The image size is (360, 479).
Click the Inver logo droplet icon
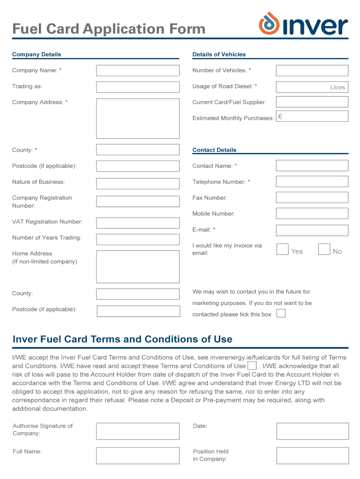coord(269,23)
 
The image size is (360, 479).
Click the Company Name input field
coord(137,71)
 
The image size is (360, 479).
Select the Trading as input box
coord(137,87)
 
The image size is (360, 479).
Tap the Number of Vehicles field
coord(312,71)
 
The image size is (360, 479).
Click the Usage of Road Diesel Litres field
coord(312,87)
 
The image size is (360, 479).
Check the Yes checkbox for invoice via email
coord(282,249)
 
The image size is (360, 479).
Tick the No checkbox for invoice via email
coord(324,249)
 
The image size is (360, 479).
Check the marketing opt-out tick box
coord(281,313)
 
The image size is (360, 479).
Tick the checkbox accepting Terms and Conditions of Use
coord(252,366)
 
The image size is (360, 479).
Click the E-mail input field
coord(312,230)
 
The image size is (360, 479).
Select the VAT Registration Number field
coord(137,223)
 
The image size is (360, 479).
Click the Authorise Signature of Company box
coord(137,431)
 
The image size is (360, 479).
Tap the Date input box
coord(312,431)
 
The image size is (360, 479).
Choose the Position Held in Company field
coord(312,455)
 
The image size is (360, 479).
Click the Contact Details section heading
coord(214,150)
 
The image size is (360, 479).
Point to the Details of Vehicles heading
coord(219,54)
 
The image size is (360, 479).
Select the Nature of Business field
coord(137,182)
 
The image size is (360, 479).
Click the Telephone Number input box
coord(312,181)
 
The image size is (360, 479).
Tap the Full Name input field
coord(137,455)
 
